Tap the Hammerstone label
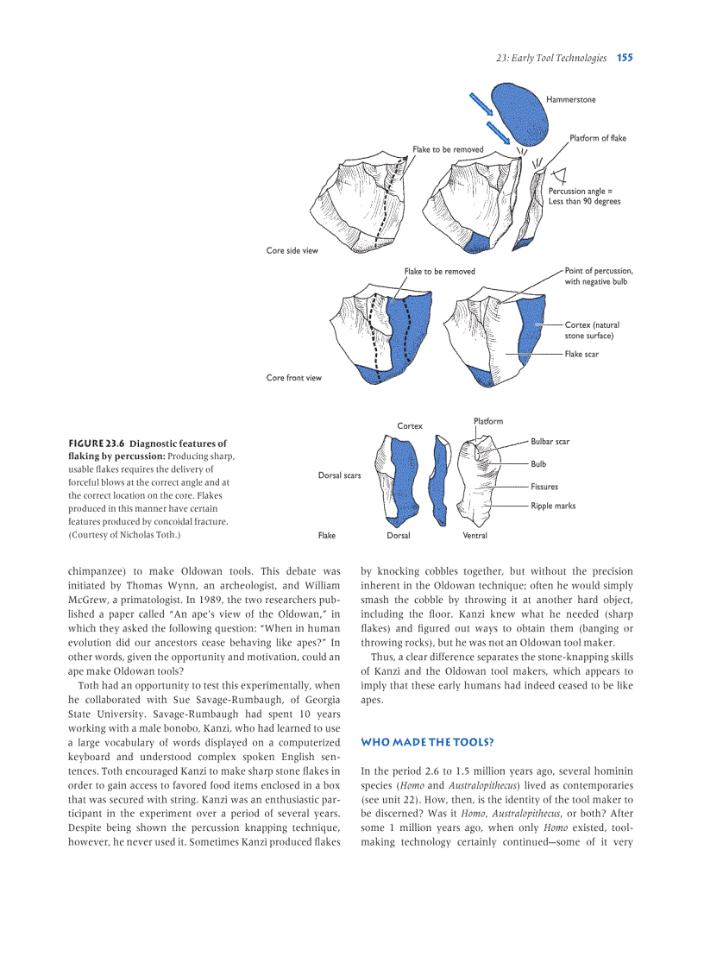coord(570,99)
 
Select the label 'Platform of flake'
coord(598,138)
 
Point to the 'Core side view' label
coord(292,251)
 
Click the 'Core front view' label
coord(293,377)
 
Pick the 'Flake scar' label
coord(581,354)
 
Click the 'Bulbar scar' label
coord(550,442)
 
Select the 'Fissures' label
coord(544,487)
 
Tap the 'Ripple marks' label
coord(552,506)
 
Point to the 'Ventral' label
coord(475,536)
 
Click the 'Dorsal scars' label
coord(339,475)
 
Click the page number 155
coord(625,58)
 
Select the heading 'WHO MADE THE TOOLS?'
coord(427,742)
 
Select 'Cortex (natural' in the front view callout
coord(592,325)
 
